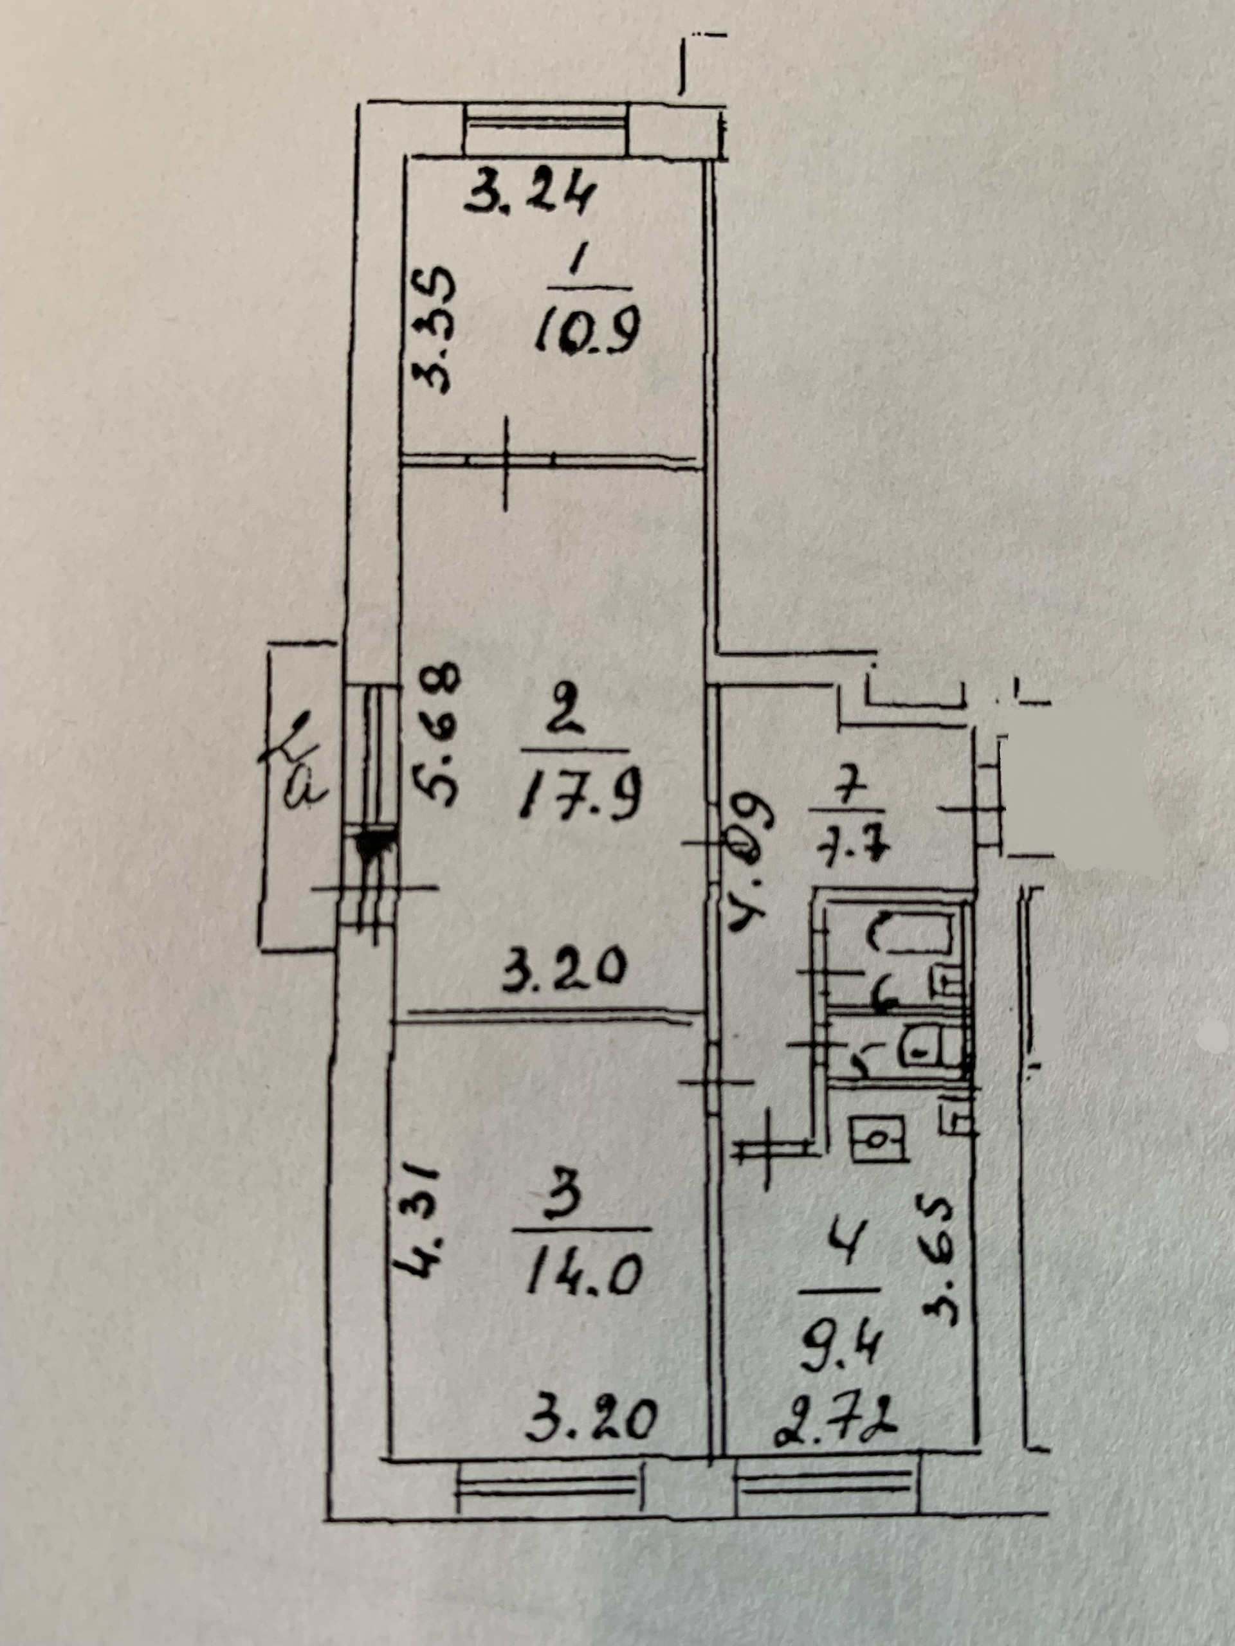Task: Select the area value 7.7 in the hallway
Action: pos(850,846)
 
